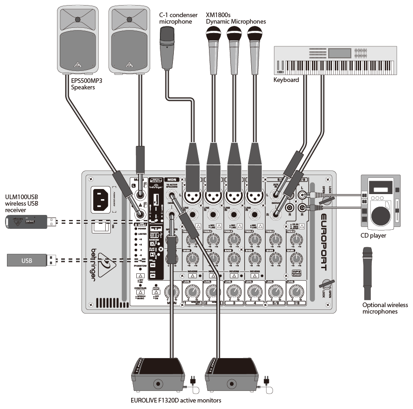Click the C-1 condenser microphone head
coord(166,36)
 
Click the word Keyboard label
coord(286,80)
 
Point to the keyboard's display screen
coord(340,52)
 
